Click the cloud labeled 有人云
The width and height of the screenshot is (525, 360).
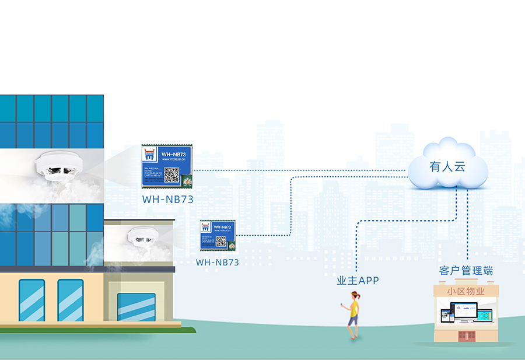click(x=447, y=166)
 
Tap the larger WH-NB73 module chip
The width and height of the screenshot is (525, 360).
click(x=167, y=166)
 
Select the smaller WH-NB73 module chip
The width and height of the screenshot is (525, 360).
click(x=218, y=236)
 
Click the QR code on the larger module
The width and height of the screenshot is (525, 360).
click(x=171, y=174)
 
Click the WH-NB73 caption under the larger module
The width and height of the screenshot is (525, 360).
click(x=167, y=199)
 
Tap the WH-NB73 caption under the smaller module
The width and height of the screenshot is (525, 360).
click(x=218, y=263)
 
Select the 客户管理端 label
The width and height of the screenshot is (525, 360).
click(x=466, y=271)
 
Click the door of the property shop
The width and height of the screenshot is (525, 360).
click(x=465, y=336)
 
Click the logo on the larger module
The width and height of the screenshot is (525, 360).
click(x=150, y=153)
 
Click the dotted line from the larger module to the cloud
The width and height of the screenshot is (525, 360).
click(x=297, y=170)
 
